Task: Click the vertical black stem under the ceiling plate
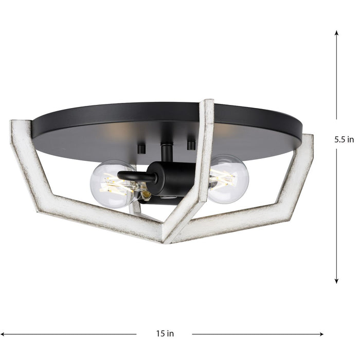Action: coord(166,153)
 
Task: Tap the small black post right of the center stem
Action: coord(191,146)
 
